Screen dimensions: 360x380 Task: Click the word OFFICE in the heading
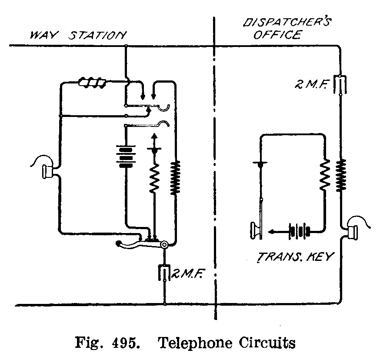(x=277, y=35)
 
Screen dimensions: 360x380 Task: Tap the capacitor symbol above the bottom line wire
(x=165, y=273)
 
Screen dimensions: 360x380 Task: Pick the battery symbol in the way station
(x=126, y=156)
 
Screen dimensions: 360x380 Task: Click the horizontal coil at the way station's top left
(x=92, y=81)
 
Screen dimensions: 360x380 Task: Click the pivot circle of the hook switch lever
(x=165, y=245)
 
